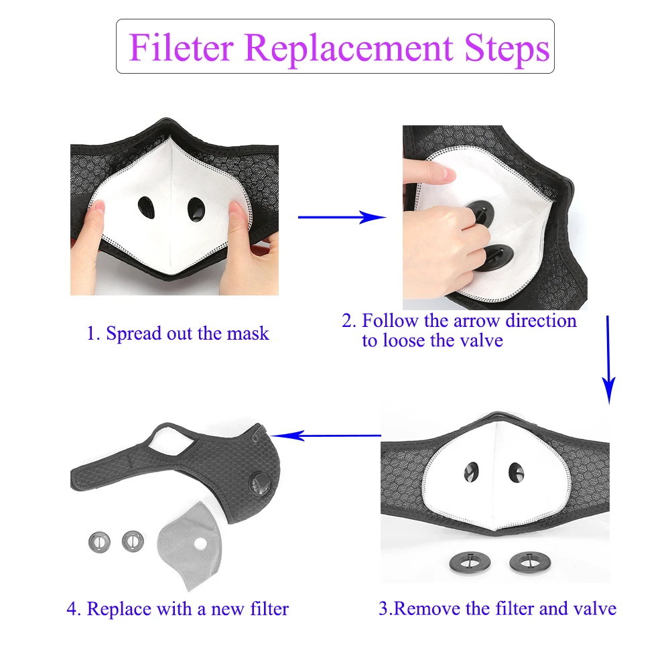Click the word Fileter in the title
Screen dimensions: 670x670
pyautogui.click(x=181, y=47)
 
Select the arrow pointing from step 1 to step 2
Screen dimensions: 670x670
pyautogui.click(x=342, y=216)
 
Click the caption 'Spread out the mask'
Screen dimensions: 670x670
pyautogui.click(x=178, y=333)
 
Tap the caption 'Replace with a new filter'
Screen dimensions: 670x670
pyautogui.click(x=178, y=609)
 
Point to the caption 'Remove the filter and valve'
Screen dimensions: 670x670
pyautogui.click(x=497, y=608)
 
